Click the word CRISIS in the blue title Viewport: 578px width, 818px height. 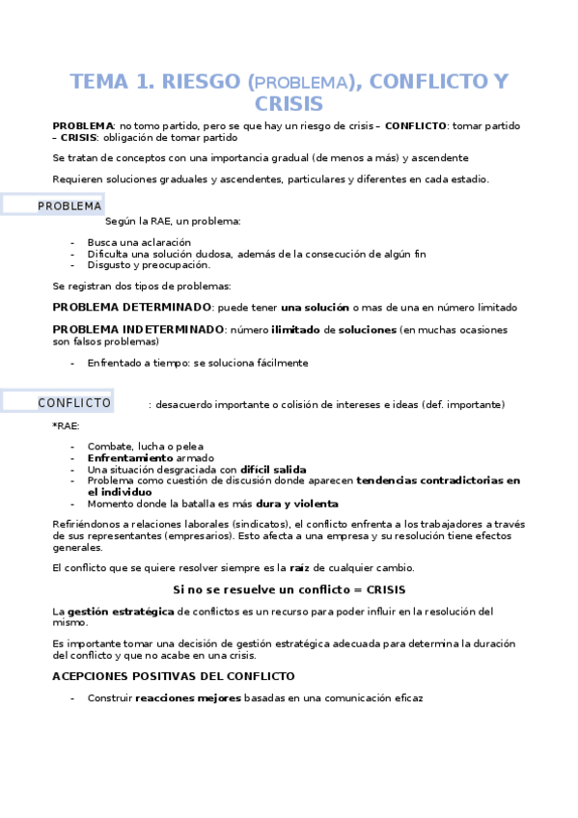click(289, 104)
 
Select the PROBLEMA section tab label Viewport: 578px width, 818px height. click(69, 206)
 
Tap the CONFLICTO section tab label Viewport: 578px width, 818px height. click(74, 403)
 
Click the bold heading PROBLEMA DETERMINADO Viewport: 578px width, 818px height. click(131, 308)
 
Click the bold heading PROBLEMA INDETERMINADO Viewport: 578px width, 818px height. click(138, 330)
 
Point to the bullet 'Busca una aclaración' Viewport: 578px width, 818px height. click(139, 242)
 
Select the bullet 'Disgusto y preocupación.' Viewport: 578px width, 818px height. click(148, 265)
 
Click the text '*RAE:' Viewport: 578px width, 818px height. click(67, 425)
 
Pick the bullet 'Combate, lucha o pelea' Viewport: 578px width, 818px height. click(146, 447)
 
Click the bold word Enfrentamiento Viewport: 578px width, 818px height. click(130, 458)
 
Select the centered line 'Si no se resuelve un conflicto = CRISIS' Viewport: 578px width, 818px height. click(289, 589)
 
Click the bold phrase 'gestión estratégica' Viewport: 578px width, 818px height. click(121, 612)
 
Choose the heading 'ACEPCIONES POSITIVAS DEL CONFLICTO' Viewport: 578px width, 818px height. click(173, 676)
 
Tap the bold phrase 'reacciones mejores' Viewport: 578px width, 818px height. click(188, 697)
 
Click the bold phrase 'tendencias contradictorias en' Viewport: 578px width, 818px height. click(437, 480)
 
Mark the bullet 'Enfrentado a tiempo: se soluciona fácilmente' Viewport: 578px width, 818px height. click(197, 364)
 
